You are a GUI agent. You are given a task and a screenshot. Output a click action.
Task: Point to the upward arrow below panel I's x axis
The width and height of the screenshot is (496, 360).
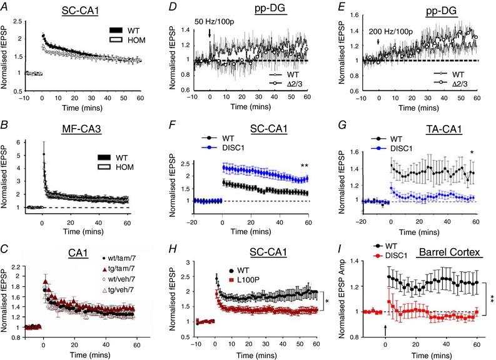[385, 327]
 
